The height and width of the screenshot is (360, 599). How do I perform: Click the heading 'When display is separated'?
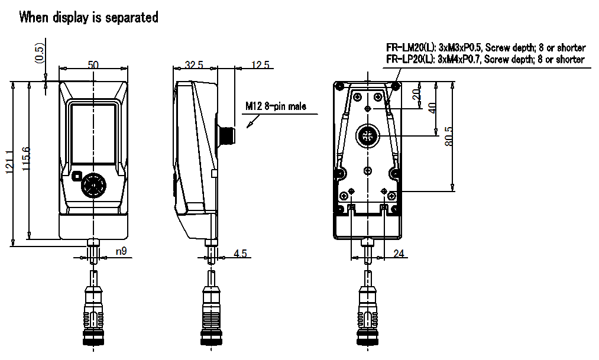click(89, 18)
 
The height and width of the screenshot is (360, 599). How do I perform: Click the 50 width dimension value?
click(93, 65)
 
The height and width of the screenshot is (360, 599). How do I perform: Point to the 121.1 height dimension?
click(9, 163)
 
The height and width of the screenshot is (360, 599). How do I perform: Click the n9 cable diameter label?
click(121, 252)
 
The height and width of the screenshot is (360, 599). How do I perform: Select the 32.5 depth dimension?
click(194, 65)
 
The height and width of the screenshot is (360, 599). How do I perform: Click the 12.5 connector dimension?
click(261, 65)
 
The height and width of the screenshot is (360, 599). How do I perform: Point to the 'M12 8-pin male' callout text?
click(276, 107)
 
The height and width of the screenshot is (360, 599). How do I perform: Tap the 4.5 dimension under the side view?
click(241, 254)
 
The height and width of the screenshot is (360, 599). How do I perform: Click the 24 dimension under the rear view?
click(400, 254)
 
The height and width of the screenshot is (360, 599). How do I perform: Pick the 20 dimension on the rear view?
click(416, 95)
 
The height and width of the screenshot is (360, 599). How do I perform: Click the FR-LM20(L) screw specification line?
click(485, 48)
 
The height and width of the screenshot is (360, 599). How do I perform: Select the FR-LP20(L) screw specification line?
click(485, 60)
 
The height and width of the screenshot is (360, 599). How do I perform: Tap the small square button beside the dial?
click(76, 177)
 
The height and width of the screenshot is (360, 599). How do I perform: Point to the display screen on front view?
click(93, 134)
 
